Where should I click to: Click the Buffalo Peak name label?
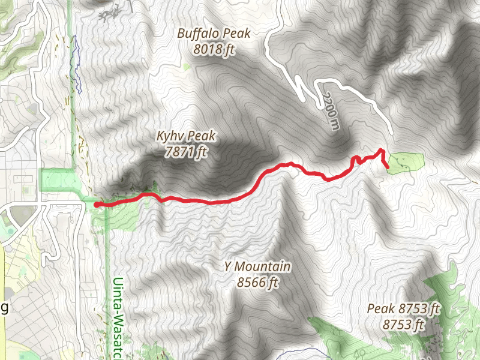tap(214, 34)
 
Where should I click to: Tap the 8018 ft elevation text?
tap(214, 50)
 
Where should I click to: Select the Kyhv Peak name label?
tap(185, 136)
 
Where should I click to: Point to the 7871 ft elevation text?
tap(185, 152)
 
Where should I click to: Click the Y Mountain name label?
tap(257, 266)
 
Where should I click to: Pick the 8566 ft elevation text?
tap(257, 282)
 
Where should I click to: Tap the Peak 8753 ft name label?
tap(404, 309)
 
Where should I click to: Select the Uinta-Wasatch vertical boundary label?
tap(118, 318)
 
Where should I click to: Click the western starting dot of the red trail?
tap(96, 205)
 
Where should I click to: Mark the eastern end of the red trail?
tap(388, 166)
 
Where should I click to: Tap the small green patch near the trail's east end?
tap(406, 163)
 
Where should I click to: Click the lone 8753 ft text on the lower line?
tap(404, 325)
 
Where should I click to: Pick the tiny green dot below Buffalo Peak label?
tap(187, 67)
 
